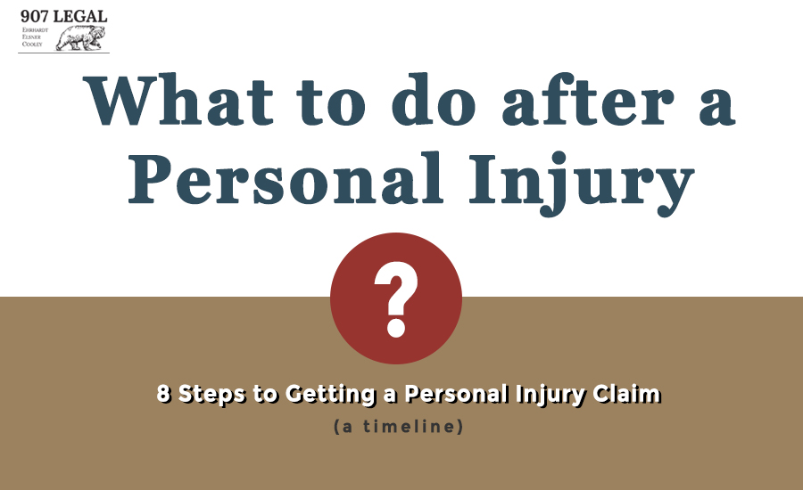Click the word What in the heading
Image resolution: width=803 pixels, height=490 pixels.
tap(178, 100)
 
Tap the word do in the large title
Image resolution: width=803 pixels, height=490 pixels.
tap(434, 99)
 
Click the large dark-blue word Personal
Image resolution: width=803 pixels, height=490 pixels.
tap(286, 178)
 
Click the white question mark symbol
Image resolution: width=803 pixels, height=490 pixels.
tap(396, 299)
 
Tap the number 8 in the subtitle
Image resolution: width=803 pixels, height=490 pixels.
tap(163, 393)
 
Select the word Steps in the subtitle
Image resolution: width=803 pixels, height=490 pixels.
tap(211, 395)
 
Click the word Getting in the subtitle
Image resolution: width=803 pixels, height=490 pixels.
tap(330, 395)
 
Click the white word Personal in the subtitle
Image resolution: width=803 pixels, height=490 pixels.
tap(456, 394)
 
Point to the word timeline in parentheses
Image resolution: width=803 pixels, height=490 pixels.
tap(409, 426)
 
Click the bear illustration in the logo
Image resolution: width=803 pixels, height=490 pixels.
tap(81, 37)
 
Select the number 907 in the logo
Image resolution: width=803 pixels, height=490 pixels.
tap(34, 16)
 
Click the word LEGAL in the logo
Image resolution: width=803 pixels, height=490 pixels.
tap(80, 16)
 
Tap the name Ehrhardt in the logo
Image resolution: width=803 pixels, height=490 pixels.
tap(35, 30)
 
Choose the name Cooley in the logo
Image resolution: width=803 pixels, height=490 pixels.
tap(32, 44)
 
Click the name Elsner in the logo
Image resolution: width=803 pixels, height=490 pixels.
tap(31, 37)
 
